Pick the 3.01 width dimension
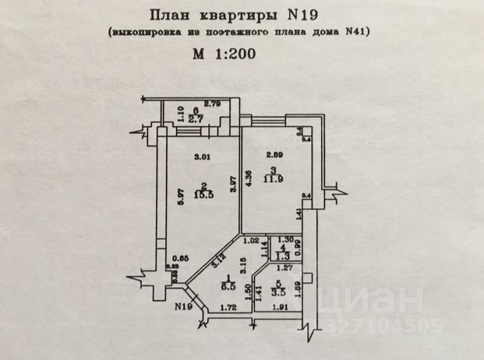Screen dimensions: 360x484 pyautogui.click(x=202, y=154)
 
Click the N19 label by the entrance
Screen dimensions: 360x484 pyautogui.click(x=183, y=306)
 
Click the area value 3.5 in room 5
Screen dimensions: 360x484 pyautogui.click(x=278, y=293)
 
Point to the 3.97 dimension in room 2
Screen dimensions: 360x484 pyautogui.click(x=231, y=186)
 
